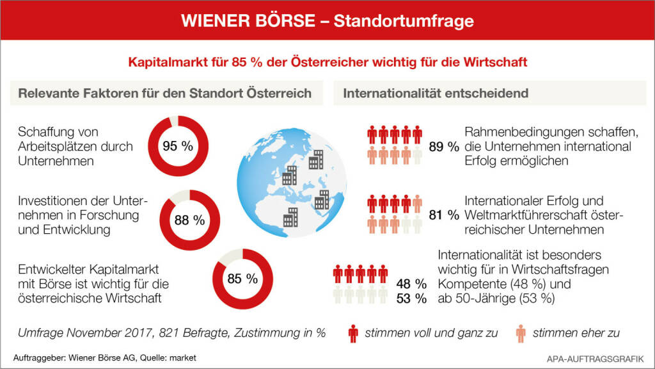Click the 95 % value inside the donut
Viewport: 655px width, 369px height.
(x=178, y=146)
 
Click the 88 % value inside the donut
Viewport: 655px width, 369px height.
(x=189, y=220)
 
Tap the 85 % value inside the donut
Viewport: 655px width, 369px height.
(x=242, y=279)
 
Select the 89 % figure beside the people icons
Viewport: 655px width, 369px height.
(x=444, y=147)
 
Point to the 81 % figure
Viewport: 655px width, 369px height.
(x=445, y=215)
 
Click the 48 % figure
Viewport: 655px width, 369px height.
(x=411, y=283)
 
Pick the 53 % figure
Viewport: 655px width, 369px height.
(x=411, y=299)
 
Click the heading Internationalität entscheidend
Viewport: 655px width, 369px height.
(x=436, y=93)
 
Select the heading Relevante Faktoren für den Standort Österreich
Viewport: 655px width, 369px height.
(x=164, y=93)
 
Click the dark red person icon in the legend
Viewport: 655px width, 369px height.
(x=352, y=333)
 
